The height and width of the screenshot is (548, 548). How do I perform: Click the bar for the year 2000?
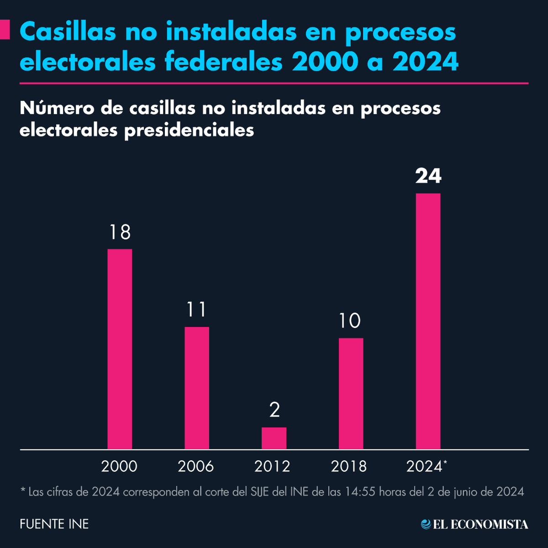(120, 349)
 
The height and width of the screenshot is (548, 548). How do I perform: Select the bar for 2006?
(197, 388)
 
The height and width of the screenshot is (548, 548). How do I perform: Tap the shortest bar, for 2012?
(274, 438)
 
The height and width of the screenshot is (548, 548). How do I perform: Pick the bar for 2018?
(351, 393)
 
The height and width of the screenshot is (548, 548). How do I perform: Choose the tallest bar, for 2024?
(428, 321)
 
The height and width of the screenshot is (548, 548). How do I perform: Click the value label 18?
(120, 232)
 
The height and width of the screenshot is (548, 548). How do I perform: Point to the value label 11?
(197, 310)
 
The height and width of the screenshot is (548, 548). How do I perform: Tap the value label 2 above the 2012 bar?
(274, 410)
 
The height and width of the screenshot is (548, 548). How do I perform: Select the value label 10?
(350, 321)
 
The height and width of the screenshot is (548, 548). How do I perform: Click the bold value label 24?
(428, 176)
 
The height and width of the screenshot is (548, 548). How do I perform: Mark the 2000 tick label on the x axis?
(119, 466)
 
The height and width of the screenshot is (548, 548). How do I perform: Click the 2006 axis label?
(196, 466)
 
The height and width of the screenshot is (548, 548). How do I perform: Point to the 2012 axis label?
(273, 466)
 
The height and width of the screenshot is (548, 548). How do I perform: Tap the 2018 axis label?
(349, 466)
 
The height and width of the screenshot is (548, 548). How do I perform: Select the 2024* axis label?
(427, 466)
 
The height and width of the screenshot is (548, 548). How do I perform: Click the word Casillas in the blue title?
(68, 32)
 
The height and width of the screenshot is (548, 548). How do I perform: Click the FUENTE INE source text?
(54, 524)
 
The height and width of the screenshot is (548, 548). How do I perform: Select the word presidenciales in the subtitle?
(189, 130)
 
